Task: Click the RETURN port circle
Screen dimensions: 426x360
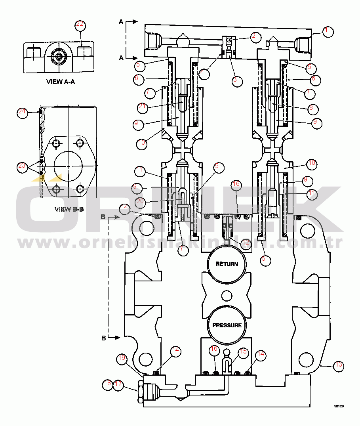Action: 227,264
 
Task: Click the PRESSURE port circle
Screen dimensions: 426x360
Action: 227,325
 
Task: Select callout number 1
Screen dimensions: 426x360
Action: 328,31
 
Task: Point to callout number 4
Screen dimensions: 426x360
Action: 204,73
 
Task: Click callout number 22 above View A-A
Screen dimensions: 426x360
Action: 80,24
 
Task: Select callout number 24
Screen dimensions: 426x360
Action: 22,112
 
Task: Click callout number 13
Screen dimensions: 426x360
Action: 338,366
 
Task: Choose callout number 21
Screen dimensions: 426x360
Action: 143,107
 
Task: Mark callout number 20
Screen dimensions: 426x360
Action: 139,202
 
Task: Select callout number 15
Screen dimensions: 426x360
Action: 244,351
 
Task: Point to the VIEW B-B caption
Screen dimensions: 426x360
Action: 69,209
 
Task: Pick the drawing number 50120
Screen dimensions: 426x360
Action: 339,406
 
